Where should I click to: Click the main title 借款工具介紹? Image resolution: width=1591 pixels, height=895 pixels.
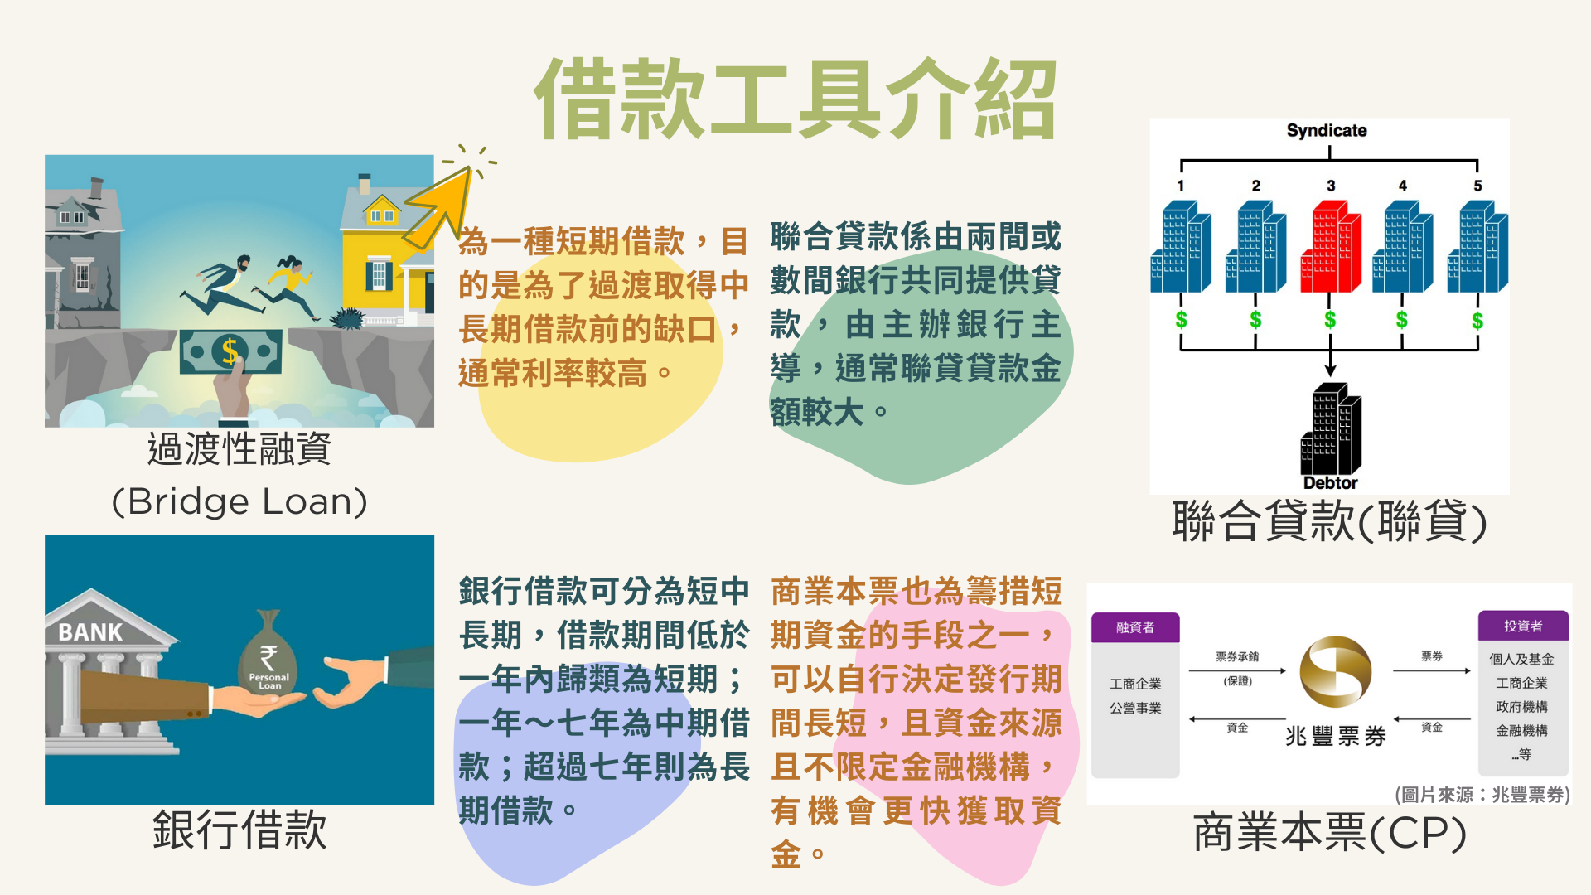(x=795, y=99)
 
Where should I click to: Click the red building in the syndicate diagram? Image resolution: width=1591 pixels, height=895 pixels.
(x=1331, y=247)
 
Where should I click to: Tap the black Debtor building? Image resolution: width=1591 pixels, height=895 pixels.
(x=1331, y=428)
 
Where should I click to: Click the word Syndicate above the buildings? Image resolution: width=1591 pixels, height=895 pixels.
(x=1327, y=130)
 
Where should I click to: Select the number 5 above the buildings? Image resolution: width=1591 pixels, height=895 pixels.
(x=1477, y=186)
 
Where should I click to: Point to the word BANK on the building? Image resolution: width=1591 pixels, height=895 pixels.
(x=90, y=632)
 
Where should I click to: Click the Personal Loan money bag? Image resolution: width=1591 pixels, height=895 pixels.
(x=268, y=655)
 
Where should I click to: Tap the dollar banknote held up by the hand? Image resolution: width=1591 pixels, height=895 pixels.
(x=231, y=351)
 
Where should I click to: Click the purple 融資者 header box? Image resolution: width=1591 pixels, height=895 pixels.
(x=1135, y=627)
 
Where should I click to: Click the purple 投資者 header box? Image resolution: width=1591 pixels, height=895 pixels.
(x=1523, y=626)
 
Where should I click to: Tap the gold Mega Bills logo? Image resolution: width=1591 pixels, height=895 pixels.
(x=1335, y=671)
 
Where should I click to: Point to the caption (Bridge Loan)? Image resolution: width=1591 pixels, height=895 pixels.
(x=239, y=501)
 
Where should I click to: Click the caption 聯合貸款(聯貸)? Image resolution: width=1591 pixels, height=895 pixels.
(x=1329, y=522)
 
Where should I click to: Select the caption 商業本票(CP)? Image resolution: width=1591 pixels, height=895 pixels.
(x=1330, y=833)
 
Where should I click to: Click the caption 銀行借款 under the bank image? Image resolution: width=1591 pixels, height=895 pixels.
(x=239, y=830)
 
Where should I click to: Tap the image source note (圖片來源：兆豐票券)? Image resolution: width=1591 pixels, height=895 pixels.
(x=1482, y=795)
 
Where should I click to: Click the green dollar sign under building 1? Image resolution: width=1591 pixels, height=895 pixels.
(x=1181, y=319)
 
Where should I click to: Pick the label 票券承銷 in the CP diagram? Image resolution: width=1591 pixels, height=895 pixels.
(x=1237, y=656)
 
